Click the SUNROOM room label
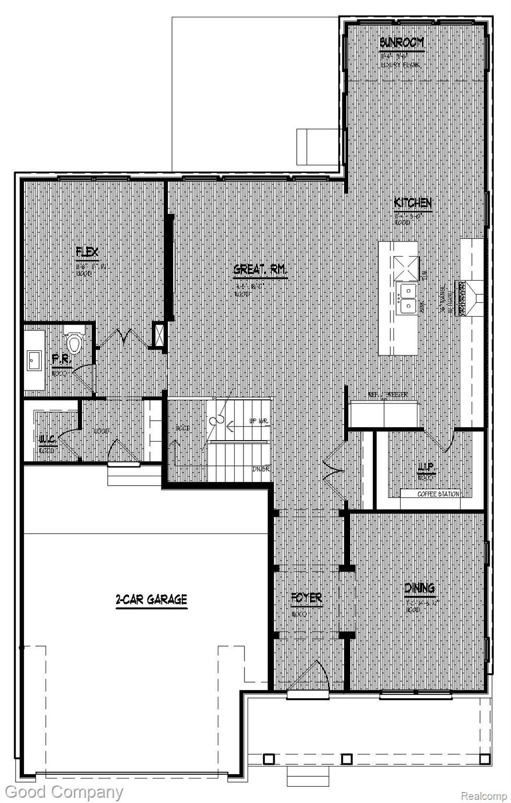coord(401,43)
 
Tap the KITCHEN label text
coord(413,203)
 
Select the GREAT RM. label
coord(260,270)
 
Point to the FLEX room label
coord(87,253)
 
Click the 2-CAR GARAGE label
coord(151,599)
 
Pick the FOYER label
coord(306,598)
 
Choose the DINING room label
coord(420,589)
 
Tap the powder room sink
coord(34,360)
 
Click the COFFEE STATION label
coord(438,494)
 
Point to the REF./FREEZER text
coord(388,395)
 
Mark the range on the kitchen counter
coord(462,299)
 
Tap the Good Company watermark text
coord(64,793)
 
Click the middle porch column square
coord(346,759)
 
